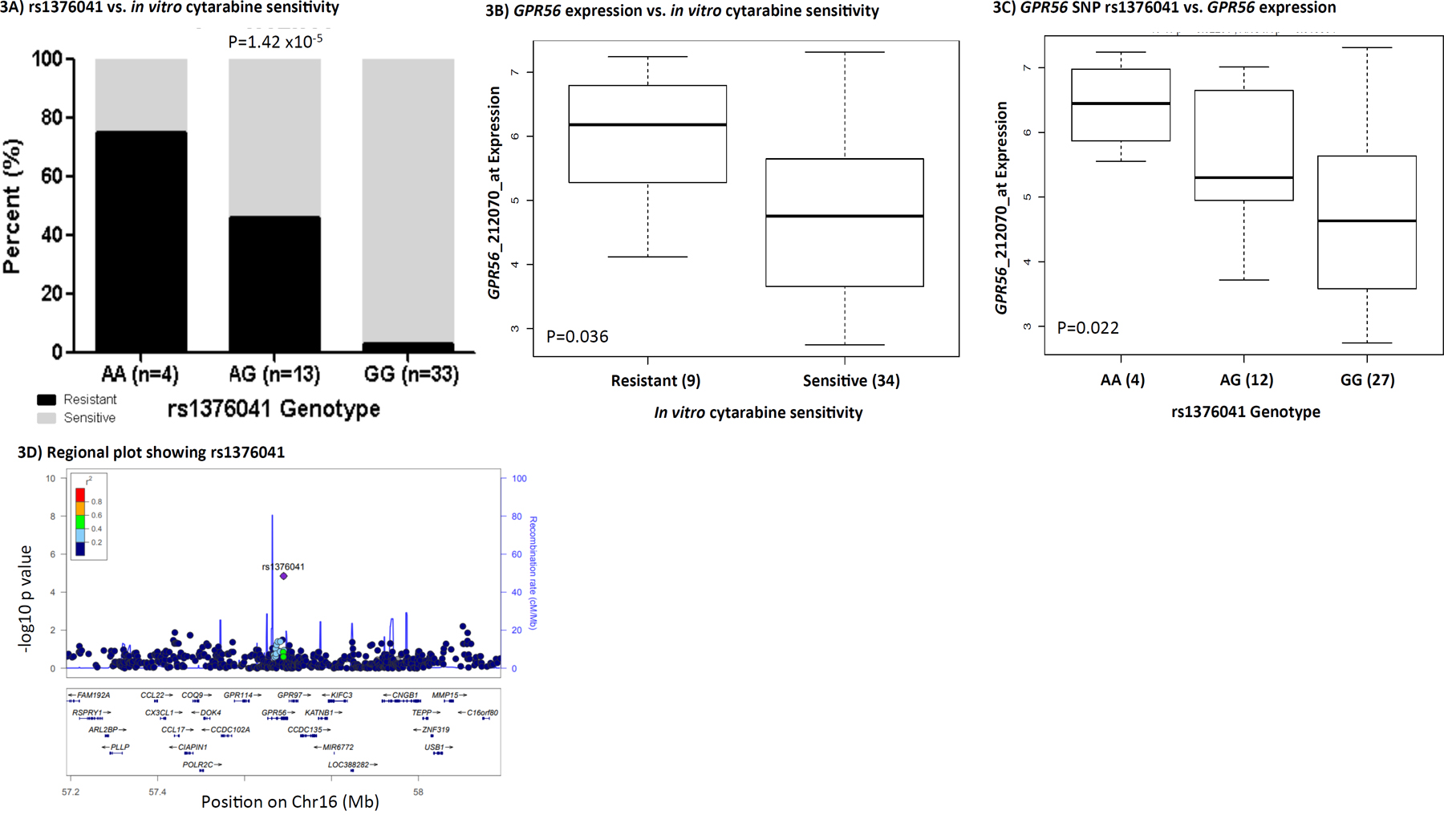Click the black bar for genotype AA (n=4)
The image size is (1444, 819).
141,241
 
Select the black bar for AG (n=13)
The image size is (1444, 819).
274,284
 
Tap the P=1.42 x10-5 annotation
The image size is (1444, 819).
275,42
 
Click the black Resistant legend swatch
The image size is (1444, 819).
47,399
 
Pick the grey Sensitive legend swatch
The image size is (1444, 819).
47,418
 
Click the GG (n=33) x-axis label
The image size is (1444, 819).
411,375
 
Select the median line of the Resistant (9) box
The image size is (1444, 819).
647,125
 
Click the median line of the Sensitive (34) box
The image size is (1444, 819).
844,216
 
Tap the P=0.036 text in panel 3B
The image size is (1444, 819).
577,337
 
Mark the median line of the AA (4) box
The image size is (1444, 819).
1121,103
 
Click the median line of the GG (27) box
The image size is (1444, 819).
1366,221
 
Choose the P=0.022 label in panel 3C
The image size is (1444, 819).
1087,328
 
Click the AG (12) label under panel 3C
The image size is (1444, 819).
1246,380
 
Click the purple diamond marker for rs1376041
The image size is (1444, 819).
283,576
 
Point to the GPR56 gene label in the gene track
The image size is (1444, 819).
274,712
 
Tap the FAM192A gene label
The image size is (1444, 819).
93,695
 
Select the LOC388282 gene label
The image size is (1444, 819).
348,764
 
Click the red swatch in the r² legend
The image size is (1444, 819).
80,495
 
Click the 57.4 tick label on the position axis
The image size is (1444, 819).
157,792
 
